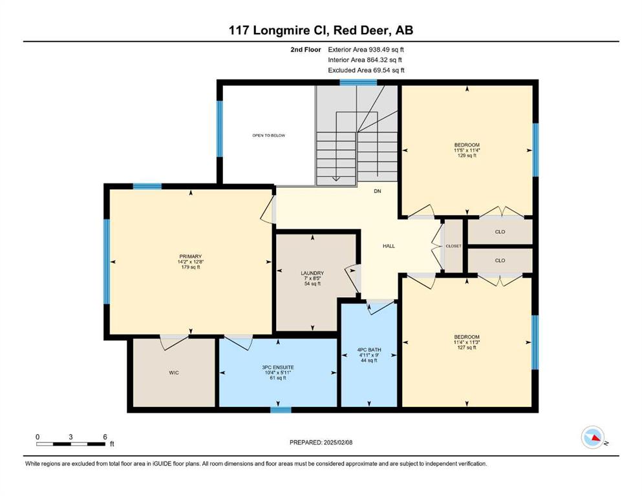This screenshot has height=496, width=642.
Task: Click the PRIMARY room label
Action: tap(190, 257)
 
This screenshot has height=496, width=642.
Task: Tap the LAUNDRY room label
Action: tap(312, 273)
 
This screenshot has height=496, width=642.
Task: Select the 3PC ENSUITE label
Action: tap(278, 367)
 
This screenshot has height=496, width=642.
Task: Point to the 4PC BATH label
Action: tap(369, 349)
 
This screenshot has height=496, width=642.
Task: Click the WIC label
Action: tap(174, 373)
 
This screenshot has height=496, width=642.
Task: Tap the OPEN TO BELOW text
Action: tap(268, 136)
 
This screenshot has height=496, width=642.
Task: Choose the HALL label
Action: tap(389, 246)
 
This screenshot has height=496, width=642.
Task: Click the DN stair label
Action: tap(378, 191)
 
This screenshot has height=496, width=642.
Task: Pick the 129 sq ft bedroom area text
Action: tap(467, 156)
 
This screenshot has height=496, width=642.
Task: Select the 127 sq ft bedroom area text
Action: tap(467, 347)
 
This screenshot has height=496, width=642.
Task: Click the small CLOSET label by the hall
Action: tap(453, 246)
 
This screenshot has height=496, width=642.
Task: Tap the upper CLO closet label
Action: tap(500, 232)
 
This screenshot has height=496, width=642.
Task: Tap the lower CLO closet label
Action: tap(500, 260)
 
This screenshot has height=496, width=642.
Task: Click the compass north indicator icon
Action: tap(593, 437)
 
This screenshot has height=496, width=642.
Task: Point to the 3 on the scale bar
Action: tap(71, 437)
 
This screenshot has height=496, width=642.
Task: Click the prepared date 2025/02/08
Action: tap(337, 442)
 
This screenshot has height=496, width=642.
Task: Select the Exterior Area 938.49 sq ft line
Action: tap(366, 50)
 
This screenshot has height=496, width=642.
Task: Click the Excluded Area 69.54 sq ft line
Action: tap(366, 70)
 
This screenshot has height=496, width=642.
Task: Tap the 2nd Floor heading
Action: tap(305, 50)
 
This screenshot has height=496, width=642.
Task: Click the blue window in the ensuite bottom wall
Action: tap(281, 409)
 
